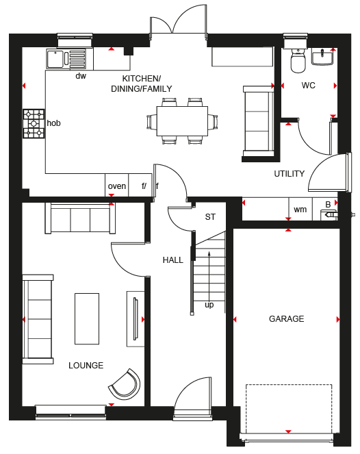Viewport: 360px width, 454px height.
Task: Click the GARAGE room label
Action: point(287,319)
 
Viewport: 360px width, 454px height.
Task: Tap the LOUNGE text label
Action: point(86,366)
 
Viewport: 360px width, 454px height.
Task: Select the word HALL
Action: point(173,260)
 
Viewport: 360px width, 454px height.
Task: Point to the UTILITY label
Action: point(290,174)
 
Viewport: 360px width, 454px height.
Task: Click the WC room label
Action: point(308,86)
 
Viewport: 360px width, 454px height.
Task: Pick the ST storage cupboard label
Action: point(210,217)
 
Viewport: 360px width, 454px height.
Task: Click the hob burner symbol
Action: point(34,124)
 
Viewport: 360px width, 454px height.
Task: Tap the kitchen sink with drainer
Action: point(66,59)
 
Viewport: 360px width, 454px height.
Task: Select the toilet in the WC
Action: point(298,60)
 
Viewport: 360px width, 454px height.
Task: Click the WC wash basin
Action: point(322,56)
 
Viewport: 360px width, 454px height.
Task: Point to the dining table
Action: point(182,121)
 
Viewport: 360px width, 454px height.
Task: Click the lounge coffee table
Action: point(87,319)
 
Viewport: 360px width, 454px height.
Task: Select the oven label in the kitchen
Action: point(117,186)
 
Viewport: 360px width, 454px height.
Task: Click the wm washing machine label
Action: point(300,210)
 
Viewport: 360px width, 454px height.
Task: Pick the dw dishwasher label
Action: point(81,76)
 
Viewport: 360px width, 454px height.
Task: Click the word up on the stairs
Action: point(209,305)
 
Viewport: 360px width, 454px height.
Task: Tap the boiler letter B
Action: point(328,205)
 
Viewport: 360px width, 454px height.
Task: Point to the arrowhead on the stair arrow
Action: point(209,253)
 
